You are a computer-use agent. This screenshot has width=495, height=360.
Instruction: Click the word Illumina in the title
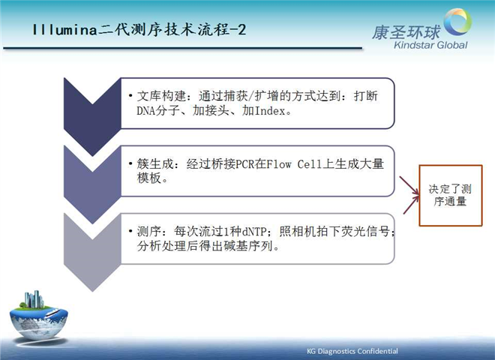point(64,30)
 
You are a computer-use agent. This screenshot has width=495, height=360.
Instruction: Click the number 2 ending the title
point(241,30)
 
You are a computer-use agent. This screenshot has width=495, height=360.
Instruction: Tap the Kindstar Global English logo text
point(430,45)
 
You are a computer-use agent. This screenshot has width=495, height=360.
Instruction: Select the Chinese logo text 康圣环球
point(406,32)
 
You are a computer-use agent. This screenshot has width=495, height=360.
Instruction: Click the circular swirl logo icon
point(457,22)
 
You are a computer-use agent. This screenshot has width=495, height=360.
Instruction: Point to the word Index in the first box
point(270,110)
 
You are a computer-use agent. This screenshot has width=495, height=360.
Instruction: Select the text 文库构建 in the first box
point(161,96)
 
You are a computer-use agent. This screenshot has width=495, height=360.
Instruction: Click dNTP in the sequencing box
point(254,232)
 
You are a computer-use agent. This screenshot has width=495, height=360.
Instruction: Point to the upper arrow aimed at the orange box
point(409,185)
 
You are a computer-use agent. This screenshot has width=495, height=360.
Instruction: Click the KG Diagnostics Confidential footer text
point(352,351)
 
